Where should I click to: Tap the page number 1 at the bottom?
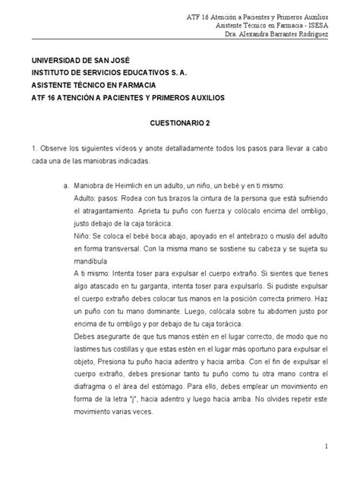coord(325,448)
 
